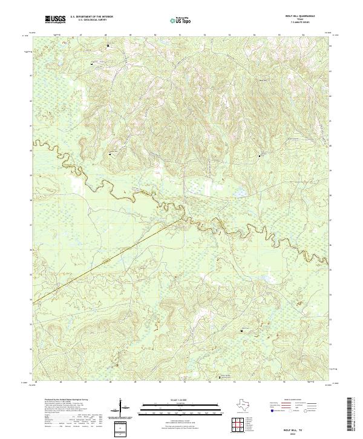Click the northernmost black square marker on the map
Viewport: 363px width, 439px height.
(108, 45)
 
